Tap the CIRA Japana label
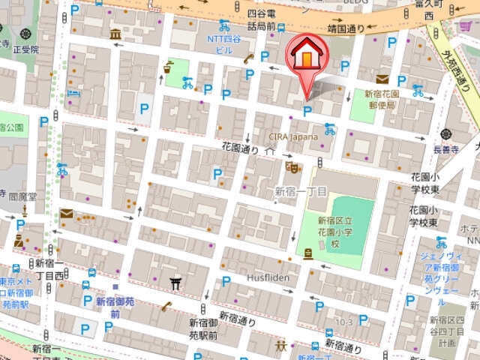pos(293,137)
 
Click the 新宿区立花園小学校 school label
pos(329,232)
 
